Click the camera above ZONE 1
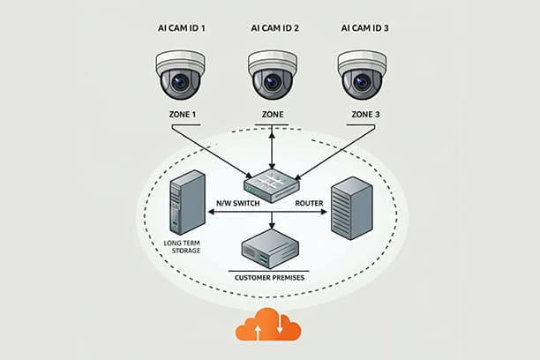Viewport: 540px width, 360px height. pyautogui.click(x=180, y=74)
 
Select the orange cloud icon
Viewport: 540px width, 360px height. pyautogui.click(x=268, y=327)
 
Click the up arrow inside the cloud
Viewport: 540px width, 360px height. pyautogui.click(x=257, y=331)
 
